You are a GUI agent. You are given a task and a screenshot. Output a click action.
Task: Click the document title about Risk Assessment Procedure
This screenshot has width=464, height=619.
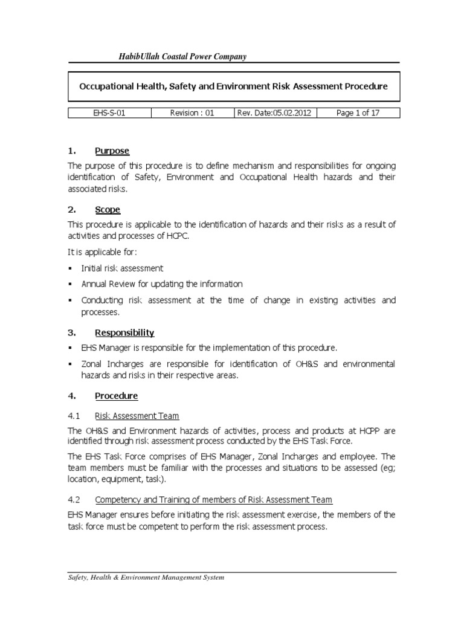(x=233, y=86)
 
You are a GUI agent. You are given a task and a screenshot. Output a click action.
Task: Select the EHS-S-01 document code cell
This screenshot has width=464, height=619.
(x=109, y=112)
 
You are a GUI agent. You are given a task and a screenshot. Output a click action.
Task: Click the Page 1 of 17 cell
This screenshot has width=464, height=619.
(x=358, y=112)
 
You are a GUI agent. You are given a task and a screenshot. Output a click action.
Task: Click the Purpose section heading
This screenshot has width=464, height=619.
(x=112, y=151)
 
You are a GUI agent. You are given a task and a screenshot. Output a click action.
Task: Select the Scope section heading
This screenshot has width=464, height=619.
(x=108, y=209)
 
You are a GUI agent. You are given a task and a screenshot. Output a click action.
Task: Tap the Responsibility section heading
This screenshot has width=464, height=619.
(x=124, y=332)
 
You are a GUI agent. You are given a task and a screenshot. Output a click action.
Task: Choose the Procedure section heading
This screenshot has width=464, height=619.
(x=116, y=396)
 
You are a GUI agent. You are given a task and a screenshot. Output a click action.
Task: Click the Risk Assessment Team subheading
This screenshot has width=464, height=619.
(x=137, y=416)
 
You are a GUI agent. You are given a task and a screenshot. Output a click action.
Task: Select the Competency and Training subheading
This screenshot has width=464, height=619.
(x=214, y=500)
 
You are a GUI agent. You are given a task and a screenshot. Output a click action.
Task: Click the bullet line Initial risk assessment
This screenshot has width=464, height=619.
(x=122, y=268)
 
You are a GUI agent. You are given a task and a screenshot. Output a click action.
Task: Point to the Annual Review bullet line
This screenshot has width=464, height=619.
(x=161, y=284)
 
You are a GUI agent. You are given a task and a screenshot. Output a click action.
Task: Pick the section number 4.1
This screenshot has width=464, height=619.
(x=74, y=416)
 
